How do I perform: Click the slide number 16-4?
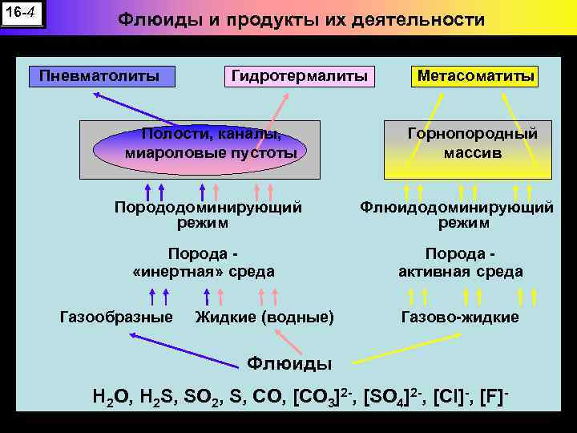click(x=22, y=14)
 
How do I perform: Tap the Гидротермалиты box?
click(x=299, y=76)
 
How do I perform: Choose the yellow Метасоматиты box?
click(x=475, y=76)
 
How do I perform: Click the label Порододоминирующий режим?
click(x=208, y=214)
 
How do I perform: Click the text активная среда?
click(x=461, y=271)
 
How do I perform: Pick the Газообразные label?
click(x=116, y=317)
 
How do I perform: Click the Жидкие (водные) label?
click(x=264, y=317)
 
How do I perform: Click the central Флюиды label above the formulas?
click(x=288, y=363)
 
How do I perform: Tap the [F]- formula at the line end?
click(x=494, y=395)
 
